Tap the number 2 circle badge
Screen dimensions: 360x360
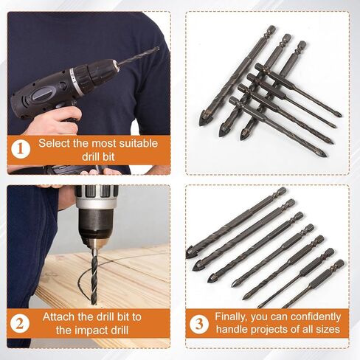pyautogui.click(x=22, y=322)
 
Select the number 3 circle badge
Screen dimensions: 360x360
pyautogui.click(x=199, y=322)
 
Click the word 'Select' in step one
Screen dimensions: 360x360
pyautogui.click(x=55, y=142)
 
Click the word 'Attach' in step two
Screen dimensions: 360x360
pyautogui.click(x=59, y=316)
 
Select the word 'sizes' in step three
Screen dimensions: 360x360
pyautogui.click(x=328, y=329)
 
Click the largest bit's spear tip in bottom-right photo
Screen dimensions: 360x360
pyautogui.click(x=193, y=252)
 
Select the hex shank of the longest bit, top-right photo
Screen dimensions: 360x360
pyautogui.click(x=270, y=35)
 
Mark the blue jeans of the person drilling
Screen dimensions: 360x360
pyautogui.click(x=30, y=243)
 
